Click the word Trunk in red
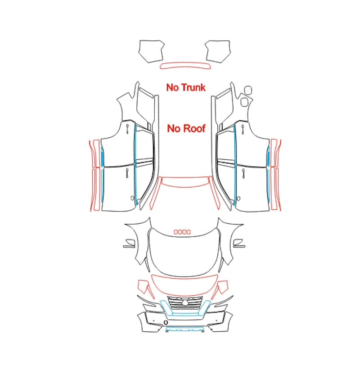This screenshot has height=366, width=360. (x=193, y=87)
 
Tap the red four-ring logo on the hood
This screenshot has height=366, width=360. (x=182, y=232)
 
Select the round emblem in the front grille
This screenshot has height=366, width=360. (x=185, y=303)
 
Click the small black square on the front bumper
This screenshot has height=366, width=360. (x=166, y=323)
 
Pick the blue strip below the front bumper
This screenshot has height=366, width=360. (x=184, y=330)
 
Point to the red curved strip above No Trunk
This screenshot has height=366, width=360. (x=185, y=66)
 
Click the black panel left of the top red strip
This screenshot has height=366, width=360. (x=151, y=51)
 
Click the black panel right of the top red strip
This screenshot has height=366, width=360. (x=218, y=51)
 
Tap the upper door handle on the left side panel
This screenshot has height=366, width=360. (x=127, y=129)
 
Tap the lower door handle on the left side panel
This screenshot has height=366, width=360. (x=127, y=173)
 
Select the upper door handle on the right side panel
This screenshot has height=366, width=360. (x=243, y=129)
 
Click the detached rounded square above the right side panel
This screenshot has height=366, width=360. (x=248, y=90)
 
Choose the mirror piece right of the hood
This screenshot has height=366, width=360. (x=239, y=243)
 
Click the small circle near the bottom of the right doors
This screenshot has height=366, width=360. (x=238, y=199)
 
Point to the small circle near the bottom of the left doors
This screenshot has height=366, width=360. (x=132, y=198)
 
